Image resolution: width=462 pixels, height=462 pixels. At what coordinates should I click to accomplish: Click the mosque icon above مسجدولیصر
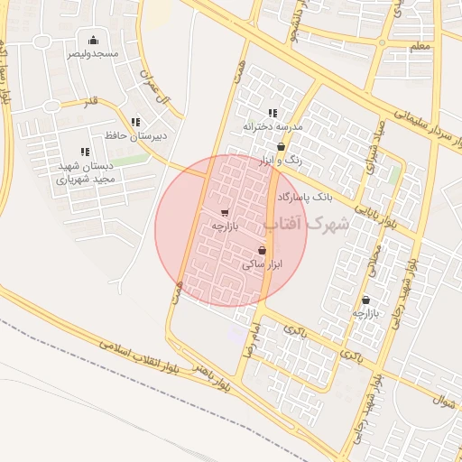point(92,39)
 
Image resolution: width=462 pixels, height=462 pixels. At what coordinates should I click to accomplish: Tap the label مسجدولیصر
point(92,53)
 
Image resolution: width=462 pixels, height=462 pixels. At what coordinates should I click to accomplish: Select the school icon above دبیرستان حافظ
point(135,122)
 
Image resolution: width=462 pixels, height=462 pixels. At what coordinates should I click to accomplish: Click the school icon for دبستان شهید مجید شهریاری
point(85,152)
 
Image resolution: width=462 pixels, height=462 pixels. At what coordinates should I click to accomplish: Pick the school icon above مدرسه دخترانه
point(273,113)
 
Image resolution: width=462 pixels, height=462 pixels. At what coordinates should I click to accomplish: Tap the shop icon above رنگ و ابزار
point(281,145)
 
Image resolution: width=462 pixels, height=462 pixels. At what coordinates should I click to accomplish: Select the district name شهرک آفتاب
point(307,224)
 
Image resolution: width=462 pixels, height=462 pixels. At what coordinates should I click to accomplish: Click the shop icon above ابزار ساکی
point(262,250)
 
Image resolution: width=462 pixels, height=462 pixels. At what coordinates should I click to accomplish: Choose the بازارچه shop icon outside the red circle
point(365,300)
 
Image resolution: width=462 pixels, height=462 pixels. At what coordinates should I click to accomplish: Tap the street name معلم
point(420,46)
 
